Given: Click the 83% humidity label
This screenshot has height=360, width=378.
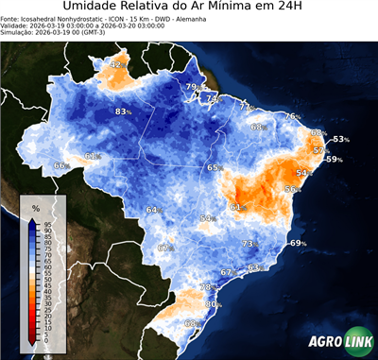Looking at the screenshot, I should [122, 111].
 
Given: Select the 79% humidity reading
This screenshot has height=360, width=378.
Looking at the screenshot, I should [192, 87].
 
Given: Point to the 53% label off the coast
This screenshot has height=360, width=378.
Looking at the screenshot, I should [340, 140].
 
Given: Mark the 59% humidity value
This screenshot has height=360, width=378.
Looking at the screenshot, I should [333, 160].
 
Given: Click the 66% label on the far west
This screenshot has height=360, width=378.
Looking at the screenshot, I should [61, 166].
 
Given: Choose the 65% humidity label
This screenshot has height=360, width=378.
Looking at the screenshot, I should [215, 167].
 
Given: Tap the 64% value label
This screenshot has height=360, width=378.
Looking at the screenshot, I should [153, 210].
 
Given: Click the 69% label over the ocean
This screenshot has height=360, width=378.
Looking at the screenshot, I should [298, 244].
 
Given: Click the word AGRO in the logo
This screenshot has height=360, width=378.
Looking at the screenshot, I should [324, 343].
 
